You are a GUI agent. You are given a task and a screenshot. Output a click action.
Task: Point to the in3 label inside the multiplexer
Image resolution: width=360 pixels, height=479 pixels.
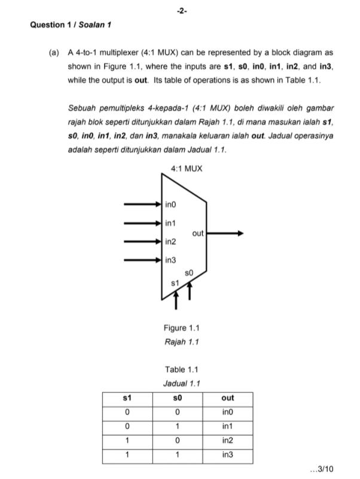click(x=170, y=260)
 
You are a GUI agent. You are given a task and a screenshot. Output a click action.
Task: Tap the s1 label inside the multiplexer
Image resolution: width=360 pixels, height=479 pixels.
click(x=175, y=282)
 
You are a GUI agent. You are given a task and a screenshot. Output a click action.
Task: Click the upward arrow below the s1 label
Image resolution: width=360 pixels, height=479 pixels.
click(x=176, y=303)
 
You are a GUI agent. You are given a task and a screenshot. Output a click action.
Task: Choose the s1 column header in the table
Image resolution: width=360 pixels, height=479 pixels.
click(x=127, y=398)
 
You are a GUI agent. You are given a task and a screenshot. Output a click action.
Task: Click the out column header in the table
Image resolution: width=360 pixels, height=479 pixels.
click(x=227, y=398)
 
